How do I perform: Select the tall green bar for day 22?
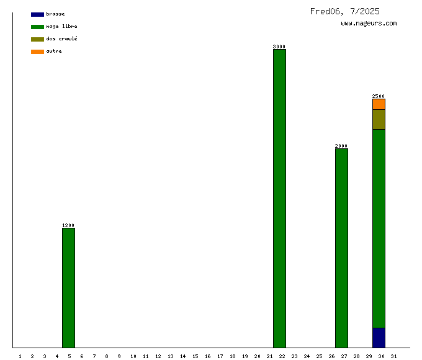[x=279, y=198]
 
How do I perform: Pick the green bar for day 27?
[x=341, y=248]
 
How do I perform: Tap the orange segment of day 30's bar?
[x=379, y=104]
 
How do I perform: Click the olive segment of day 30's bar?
[x=379, y=119]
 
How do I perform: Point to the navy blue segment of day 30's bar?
[x=379, y=338]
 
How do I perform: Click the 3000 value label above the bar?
[x=279, y=47]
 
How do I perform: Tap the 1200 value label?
[x=68, y=225]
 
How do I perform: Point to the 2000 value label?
[x=341, y=146]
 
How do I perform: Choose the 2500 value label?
[x=379, y=96]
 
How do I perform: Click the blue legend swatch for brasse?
[x=37, y=14]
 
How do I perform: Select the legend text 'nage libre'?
[x=61, y=27]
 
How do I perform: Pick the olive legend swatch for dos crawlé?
[x=37, y=39]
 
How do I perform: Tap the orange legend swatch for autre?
[x=37, y=52]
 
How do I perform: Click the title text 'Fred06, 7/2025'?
[x=344, y=11]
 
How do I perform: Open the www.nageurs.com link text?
[x=369, y=24]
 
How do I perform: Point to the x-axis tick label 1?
[x=20, y=356]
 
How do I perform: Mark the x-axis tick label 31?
[x=393, y=356]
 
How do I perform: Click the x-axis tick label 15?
[x=195, y=356]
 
